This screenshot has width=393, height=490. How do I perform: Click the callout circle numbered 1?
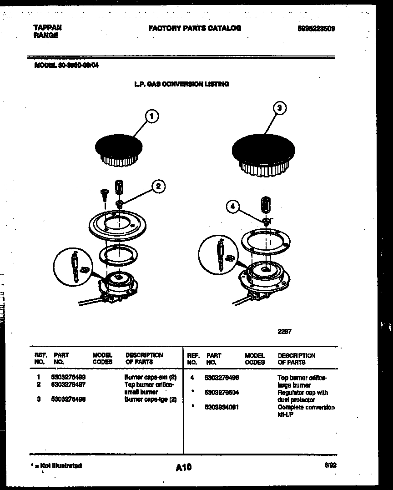152,117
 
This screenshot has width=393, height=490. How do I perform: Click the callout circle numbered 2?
158,186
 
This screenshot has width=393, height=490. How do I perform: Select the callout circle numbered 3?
279,109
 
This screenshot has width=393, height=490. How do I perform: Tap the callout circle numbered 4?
232,207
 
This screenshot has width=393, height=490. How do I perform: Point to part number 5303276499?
70,377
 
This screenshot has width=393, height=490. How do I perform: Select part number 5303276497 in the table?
70,384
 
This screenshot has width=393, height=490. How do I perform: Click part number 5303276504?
222,392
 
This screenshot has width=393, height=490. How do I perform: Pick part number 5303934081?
222,407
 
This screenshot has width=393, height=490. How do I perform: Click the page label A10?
183,467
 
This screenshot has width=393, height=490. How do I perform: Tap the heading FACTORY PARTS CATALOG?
195,28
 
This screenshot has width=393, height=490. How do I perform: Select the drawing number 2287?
284,332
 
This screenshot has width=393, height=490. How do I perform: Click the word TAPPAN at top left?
47,27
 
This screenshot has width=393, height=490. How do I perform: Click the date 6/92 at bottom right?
330,465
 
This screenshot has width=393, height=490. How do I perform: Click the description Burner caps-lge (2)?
151,399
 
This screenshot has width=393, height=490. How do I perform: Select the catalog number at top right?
316,28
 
